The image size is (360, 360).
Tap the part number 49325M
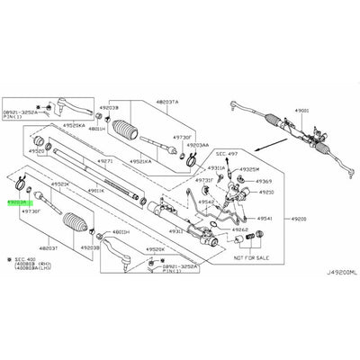click(x=250, y=168)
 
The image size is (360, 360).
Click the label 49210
click(x=266, y=193)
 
